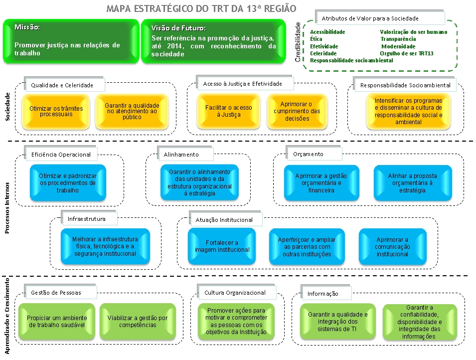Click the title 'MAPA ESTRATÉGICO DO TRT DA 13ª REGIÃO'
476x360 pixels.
tap(201, 9)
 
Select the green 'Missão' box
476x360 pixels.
tap(70, 42)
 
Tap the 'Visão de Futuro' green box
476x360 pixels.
tap(213, 42)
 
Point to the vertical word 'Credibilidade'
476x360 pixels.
tap(298, 42)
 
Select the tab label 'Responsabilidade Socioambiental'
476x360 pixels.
tap(405, 85)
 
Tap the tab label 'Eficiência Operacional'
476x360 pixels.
tap(61, 155)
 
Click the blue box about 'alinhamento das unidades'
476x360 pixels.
tap(199, 182)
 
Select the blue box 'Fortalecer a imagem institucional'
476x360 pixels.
tap(222, 246)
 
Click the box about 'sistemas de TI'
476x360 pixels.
tap(337, 322)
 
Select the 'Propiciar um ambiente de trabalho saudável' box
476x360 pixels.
tap(57, 322)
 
